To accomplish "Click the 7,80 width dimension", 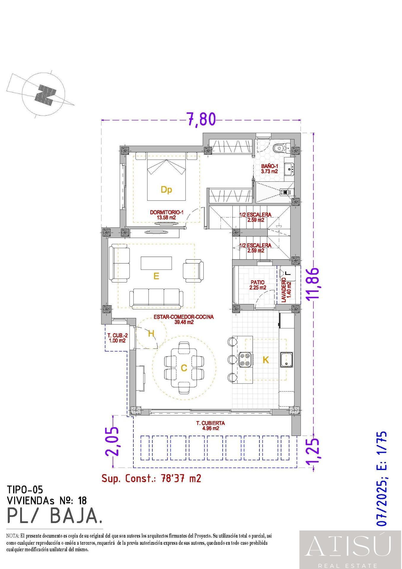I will coord(201,119).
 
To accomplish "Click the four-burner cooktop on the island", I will coord(245,360).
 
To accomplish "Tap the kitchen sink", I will coord(286,360).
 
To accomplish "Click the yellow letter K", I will coord(266,360).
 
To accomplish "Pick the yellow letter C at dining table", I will coord(184,368).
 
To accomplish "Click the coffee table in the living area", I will coord(156,263).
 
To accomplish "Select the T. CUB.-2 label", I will coord(117,338).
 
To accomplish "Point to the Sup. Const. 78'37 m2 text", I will coord(151,478).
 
